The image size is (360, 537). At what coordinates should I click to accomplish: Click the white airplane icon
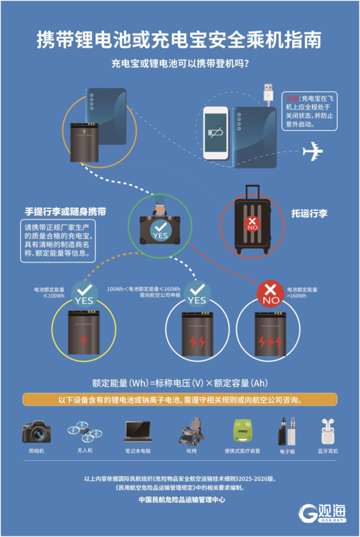click(x=313, y=152)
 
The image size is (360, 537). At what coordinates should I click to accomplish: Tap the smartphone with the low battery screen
click(x=217, y=132)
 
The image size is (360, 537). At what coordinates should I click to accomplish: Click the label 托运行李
click(x=310, y=213)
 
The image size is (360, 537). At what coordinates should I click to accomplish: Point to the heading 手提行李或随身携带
click(x=65, y=211)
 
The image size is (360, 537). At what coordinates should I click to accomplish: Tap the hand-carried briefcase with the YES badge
click(x=159, y=227)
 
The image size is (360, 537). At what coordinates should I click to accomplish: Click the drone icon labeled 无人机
click(x=84, y=431)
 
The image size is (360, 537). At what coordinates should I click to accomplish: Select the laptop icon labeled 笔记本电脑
click(x=137, y=431)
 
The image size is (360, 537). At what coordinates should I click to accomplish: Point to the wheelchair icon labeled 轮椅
click(x=191, y=430)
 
